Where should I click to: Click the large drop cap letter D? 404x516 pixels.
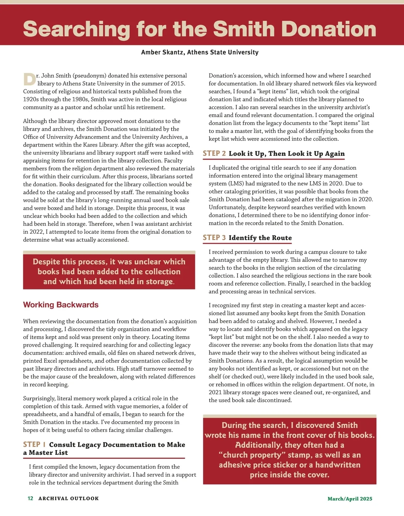[x=29, y=79]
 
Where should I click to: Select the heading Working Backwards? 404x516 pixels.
[x=61, y=305]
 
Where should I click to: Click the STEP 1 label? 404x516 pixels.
[x=34, y=444]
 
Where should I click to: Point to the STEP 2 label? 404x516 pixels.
[x=214, y=153]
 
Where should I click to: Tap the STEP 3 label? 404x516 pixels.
[x=214, y=238]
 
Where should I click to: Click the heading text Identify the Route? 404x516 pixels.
[x=260, y=238]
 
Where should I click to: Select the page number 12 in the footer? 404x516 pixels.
[x=30, y=498]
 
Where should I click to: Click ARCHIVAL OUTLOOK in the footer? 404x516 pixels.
[x=69, y=498]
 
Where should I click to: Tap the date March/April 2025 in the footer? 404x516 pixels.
[x=350, y=499]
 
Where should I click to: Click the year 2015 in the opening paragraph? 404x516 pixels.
[x=179, y=83]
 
